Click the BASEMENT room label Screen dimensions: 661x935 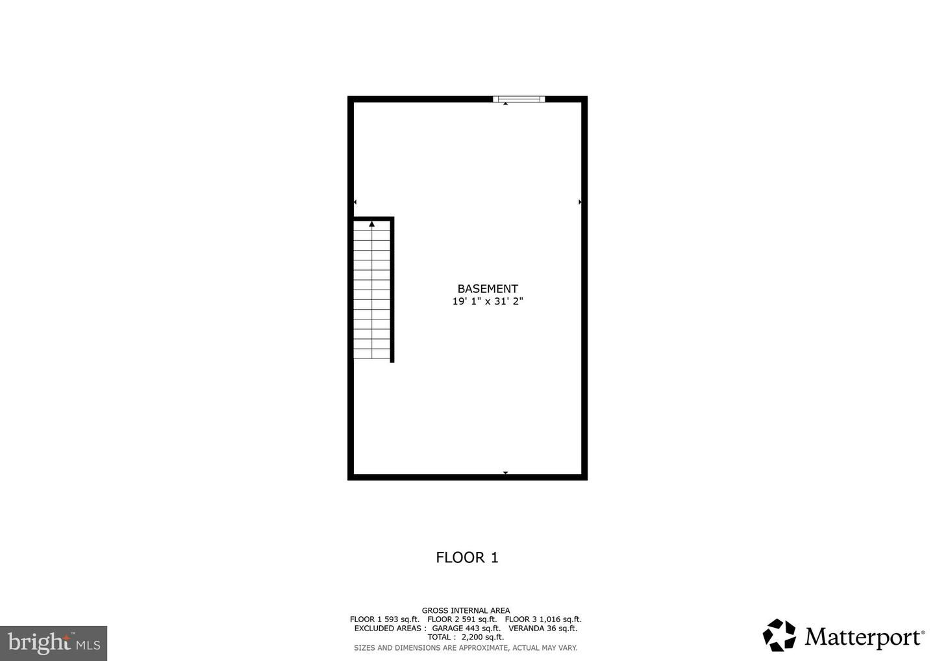tap(488, 289)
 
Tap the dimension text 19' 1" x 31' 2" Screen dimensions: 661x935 tap(488, 301)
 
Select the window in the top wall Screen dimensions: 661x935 tap(518, 99)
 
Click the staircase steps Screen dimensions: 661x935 tap(372, 292)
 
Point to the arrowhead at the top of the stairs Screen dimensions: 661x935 tap(372, 224)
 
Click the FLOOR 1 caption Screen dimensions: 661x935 tap(467, 557)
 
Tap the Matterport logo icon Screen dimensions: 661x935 tap(779, 635)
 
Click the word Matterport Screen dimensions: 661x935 tap(864, 637)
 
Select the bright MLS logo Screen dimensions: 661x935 tap(54, 643)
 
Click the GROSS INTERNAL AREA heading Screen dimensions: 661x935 tap(466, 610)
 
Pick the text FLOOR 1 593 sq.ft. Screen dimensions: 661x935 tap(384, 619)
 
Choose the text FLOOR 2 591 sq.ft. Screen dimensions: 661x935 tap(462, 619)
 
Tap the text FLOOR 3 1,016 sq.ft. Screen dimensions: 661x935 tap(543, 619)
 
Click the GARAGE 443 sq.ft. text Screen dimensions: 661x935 tap(466, 628)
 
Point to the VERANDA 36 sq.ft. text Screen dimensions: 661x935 tap(543, 628)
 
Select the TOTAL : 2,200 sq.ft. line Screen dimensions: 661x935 tap(466, 637)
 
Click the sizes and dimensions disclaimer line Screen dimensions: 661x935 tap(466, 647)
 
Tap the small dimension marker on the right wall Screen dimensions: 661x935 tap(580, 202)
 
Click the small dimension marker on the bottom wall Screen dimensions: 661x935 tap(505, 473)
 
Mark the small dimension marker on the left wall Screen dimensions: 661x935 tap(355, 202)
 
